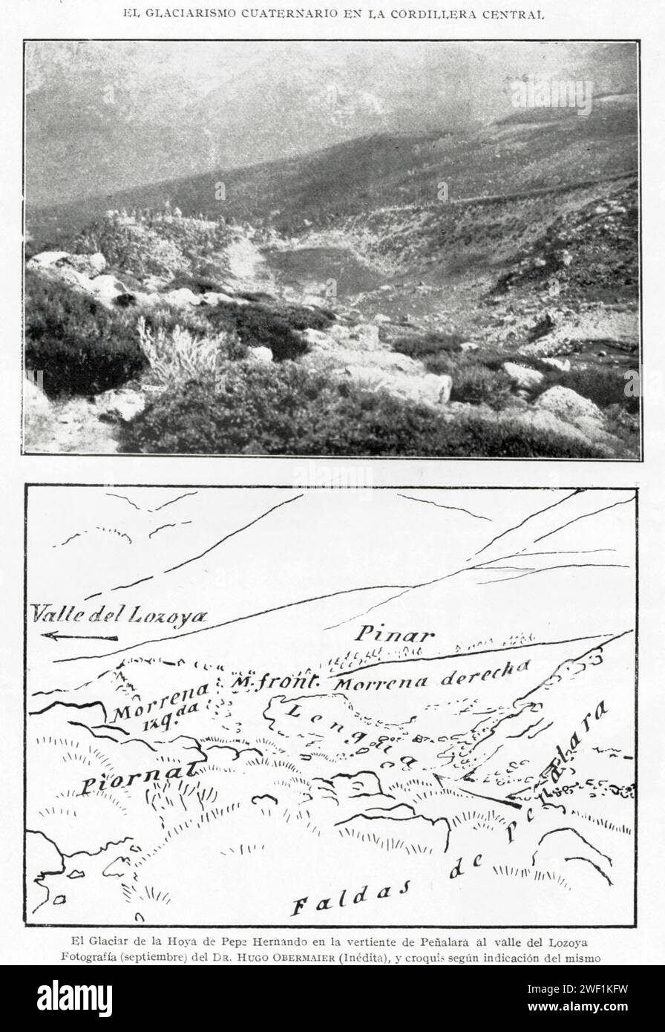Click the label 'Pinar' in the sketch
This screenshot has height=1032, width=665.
coord(393,633)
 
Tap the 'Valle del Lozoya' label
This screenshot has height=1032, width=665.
coord(119,615)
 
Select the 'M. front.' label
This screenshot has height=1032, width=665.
coord(275,681)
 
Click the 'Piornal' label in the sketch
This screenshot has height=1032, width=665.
coord(138,777)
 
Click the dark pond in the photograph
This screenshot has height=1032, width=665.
coord(320,270)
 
